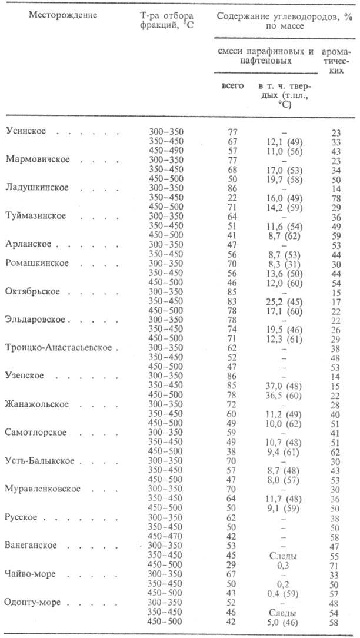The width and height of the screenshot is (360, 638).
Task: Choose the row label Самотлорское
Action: tap(36, 433)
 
